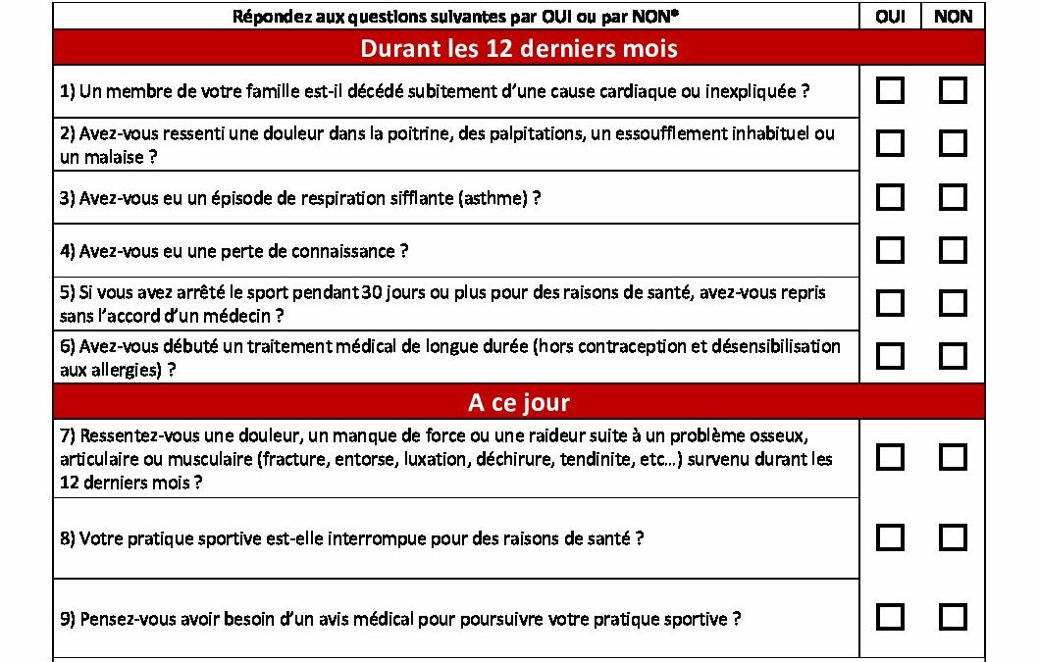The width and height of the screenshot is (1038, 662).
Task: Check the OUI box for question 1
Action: [890, 91]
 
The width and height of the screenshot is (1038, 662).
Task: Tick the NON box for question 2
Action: [953, 144]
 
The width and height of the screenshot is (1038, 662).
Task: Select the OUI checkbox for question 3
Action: [890, 197]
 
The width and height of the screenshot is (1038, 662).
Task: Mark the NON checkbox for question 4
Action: [953, 250]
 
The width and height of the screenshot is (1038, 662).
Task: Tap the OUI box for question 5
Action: [890, 303]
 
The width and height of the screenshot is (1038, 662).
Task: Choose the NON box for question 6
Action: [953, 355]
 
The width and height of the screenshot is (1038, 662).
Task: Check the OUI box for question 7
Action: [890, 457]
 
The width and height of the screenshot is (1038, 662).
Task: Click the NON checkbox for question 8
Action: [953, 537]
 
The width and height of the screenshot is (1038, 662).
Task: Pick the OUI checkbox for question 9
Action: [890, 617]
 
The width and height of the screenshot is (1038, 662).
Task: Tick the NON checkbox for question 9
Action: [953, 617]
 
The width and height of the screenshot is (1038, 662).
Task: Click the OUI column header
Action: [890, 17]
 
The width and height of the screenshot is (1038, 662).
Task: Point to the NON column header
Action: [953, 17]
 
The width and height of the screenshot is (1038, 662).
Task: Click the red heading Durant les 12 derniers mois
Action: [518, 48]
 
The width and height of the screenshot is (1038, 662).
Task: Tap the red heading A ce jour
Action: [518, 402]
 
